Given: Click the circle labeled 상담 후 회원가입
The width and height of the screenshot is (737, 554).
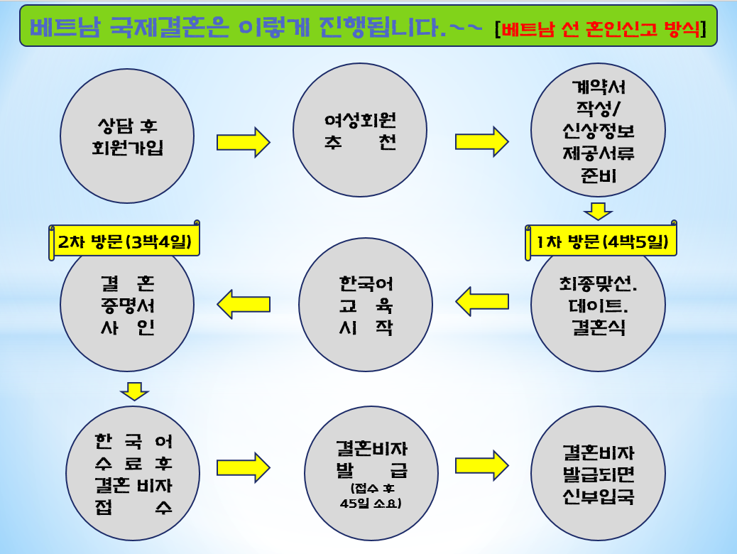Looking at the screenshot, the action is coord(127,136).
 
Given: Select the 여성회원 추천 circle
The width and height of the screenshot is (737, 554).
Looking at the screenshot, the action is coord(360,130).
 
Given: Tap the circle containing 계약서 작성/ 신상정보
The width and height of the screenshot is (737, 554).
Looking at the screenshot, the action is coord(598,130).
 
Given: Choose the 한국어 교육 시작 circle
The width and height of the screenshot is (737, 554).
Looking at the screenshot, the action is coord(366,305).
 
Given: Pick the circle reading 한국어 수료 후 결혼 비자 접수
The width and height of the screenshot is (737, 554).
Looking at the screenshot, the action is coord(133,473).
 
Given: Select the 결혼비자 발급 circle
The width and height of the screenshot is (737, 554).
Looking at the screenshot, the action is coord(371,473).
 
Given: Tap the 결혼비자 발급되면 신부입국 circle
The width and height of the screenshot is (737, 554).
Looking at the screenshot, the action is coord(598,473).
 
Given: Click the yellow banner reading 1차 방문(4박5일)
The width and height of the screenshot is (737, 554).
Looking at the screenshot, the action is coord(601,241).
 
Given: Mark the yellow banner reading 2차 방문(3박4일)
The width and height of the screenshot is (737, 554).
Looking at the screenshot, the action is coord(124,241).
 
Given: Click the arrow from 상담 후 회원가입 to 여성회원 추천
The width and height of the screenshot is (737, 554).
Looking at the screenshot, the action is coord(243,142).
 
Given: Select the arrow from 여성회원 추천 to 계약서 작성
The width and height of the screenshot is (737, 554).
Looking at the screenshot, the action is coord(482,141).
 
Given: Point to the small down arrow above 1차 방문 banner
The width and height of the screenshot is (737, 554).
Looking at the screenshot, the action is coord(598,211).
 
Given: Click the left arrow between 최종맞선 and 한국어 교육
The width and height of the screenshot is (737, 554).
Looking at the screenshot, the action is coord(482,301).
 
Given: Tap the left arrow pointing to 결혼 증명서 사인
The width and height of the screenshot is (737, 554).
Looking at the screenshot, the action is coord(244,304).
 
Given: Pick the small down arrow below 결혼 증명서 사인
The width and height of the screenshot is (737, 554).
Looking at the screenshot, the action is coord(134,391).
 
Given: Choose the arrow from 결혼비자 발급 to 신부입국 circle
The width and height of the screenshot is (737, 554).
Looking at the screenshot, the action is coord(482,466).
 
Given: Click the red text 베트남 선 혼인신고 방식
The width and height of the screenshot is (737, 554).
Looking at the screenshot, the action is coord(601,29).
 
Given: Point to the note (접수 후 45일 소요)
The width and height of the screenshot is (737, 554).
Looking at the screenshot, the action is coord(371,496).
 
